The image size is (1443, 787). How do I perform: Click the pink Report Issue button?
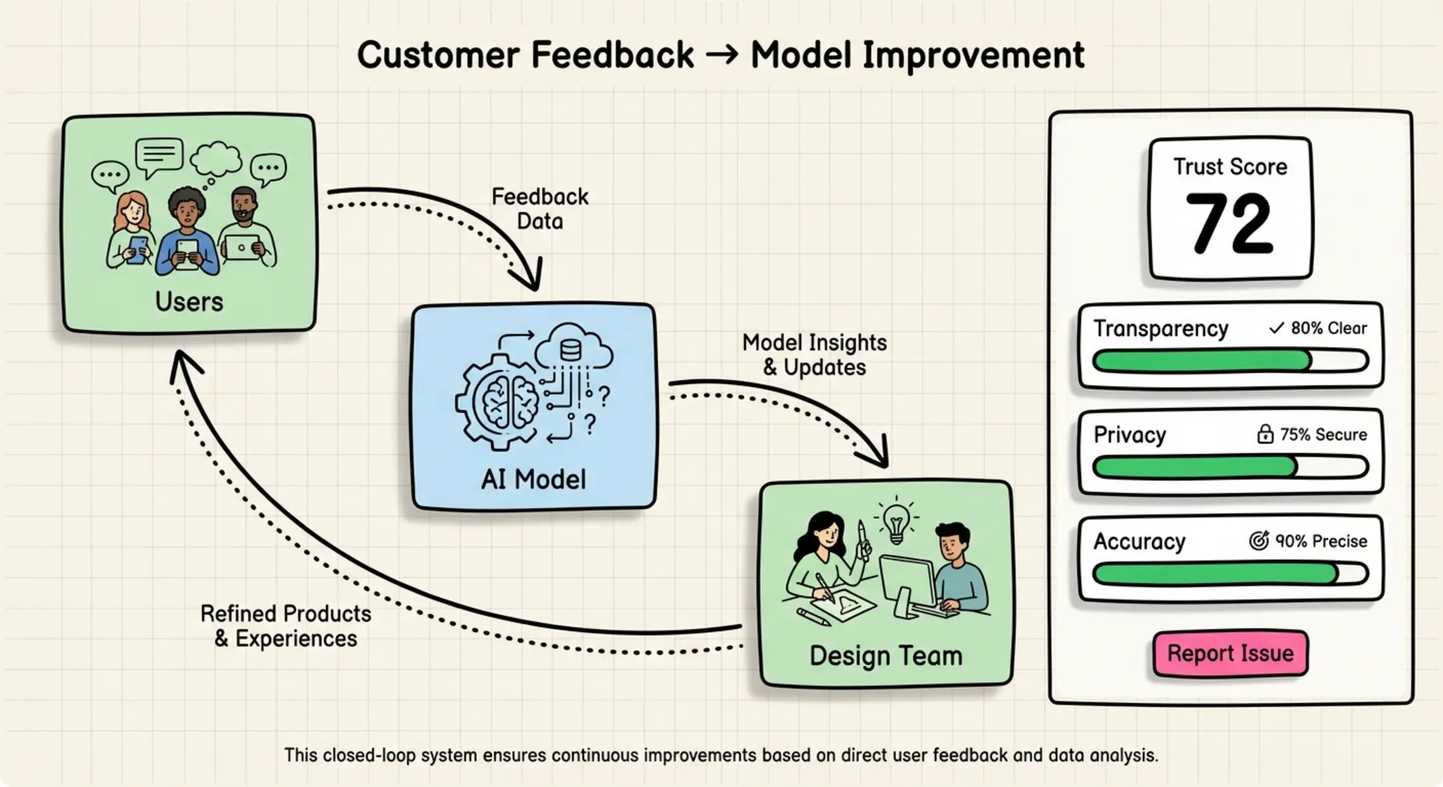tap(1230, 653)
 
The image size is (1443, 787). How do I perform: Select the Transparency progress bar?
tap(1230, 361)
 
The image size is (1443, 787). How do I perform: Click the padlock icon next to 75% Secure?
tap(1265, 434)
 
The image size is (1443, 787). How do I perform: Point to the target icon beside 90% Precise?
tap(1259, 540)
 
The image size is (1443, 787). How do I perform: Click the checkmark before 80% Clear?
tap(1276, 328)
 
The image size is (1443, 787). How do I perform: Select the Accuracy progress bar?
tap(1230, 573)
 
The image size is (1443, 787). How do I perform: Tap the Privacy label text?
tap(1130, 434)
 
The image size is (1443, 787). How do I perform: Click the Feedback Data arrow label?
tap(540, 209)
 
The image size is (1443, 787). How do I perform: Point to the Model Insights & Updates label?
tap(814, 355)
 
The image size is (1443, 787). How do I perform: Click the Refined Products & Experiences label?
tap(285, 626)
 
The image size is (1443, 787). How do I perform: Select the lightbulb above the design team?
tap(896, 521)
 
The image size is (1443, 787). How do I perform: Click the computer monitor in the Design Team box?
tap(907, 581)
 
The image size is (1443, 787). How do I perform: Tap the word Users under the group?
tap(189, 302)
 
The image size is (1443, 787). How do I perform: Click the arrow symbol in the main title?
tap(722, 55)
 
